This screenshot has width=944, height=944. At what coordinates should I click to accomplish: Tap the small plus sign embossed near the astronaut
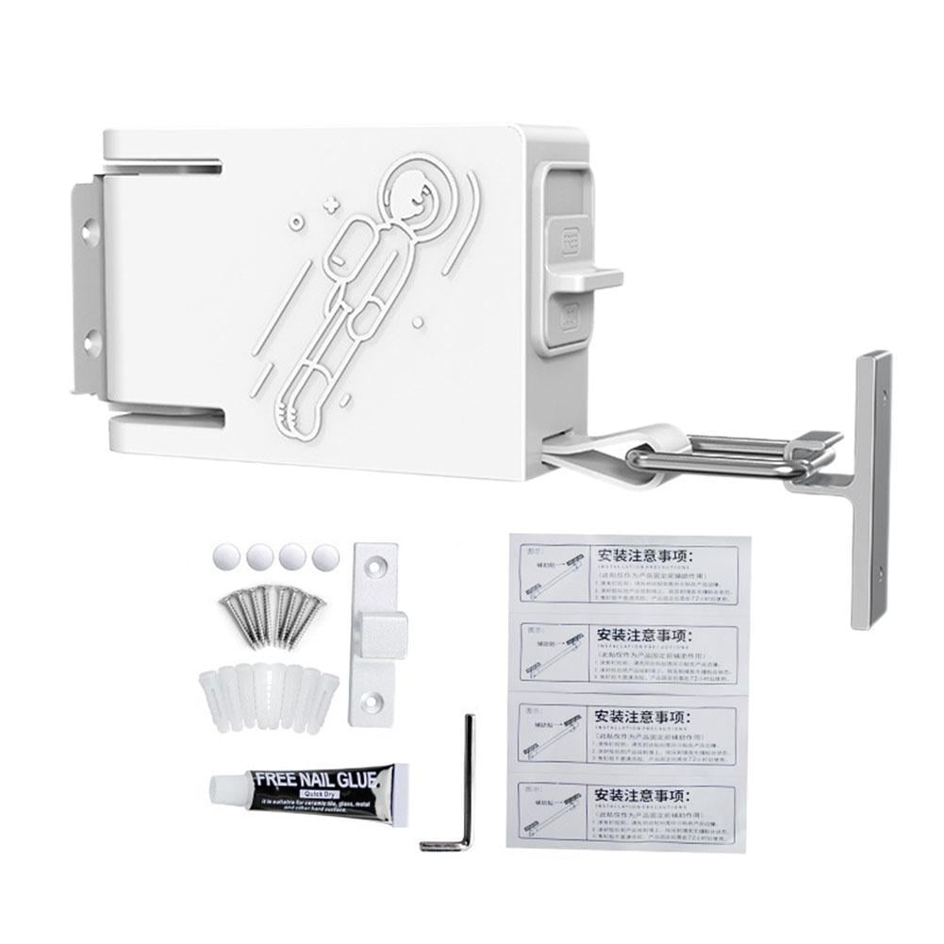tap(329, 203)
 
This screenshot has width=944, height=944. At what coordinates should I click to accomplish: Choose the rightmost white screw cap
tap(324, 556)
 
